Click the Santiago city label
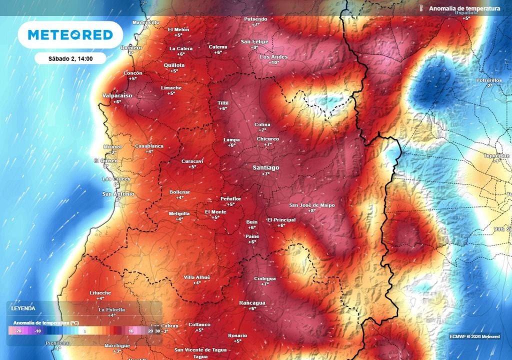pos(265,167)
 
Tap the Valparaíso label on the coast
pos(117,95)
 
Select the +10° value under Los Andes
pos(273,63)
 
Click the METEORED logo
pos(70,35)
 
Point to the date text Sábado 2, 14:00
pos(70,58)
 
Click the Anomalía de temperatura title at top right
pos(464,8)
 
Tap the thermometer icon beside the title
pos(422,8)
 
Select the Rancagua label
pos(252,302)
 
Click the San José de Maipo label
pos(312,205)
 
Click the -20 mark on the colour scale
pos(18,331)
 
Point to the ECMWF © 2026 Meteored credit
pos(474,336)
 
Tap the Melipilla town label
pos(179,213)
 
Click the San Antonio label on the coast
pos(118,193)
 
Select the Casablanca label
pos(149,146)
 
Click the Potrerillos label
pos(492,80)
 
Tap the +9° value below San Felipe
pos(254,47)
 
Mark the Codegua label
pos(265,278)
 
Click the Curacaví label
pos(192,161)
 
